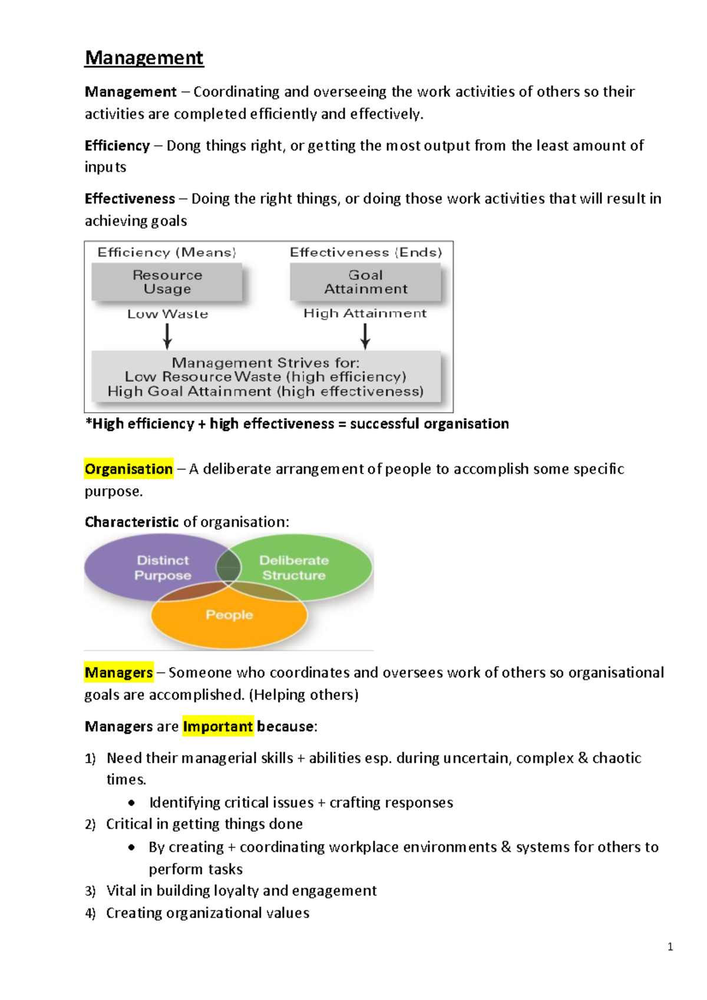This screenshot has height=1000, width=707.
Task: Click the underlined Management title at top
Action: pyautogui.click(x=144, y=58)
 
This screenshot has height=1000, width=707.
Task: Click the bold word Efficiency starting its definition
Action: pyautogui.click(x=117, y=145)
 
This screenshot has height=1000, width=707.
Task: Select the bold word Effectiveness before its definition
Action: pyautogui.click(x=130, y=198)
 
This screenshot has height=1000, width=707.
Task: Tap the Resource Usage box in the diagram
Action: pyautogui.click(x=167, y=282)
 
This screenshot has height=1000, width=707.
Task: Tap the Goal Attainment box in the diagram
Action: pyautogui.click(x=365, y=282)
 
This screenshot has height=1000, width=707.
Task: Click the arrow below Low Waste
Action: pyautogui.click(x=167, y=336)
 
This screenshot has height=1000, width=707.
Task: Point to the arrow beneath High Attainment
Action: pyautogui.click(x=365, y=336)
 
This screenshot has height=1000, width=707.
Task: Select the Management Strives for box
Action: pyautogui.click(x=266, y=377)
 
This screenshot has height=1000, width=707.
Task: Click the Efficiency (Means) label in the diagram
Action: pyautogui.click(x=167, y=252)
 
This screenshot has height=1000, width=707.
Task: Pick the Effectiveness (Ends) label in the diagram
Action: pyautogui.click(x=365, y=252)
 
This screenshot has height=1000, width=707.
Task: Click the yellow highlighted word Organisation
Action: pyautogui.click(x=128, y=469)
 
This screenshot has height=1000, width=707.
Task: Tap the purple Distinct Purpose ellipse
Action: pyautogui.click(x=153, y=567)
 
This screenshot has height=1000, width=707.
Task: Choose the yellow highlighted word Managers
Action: pyautogui.click(x=118, y=673)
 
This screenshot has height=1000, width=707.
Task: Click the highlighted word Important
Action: pyautogui.click(x=217, y=726)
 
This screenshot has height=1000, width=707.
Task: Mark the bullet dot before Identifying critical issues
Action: pyautogui.click(x=131, y=803)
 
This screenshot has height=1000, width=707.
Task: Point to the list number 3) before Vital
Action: pyautogui.click(x=90, y=891)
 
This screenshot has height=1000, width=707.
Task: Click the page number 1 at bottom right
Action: pyautogui.click(x=670, y=947)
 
